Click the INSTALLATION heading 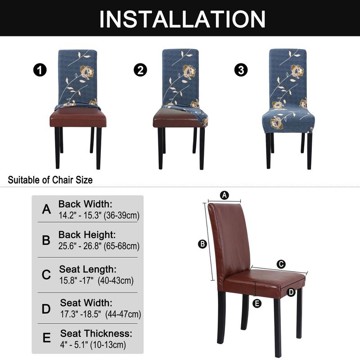point(182,18)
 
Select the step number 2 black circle point(140,71)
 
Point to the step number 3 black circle point(242,71)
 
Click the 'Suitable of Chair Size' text point(50,180)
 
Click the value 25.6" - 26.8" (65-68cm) point(99,246)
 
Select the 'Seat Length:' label point(88,269)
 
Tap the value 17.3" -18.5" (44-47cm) point(100,314)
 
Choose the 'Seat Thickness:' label point(96,333)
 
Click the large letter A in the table point(46,209)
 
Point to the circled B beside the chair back point(202,244)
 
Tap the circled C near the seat point(281,264)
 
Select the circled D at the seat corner point(291,292)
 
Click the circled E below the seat point(257,303)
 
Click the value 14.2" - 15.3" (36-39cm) point(99,215)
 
